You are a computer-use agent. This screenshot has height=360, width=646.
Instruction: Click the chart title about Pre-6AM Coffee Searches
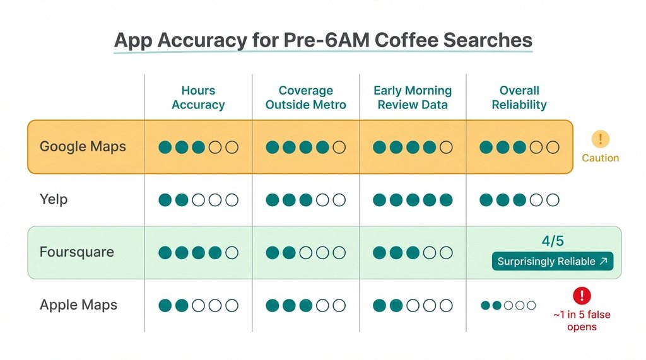click(323, 41)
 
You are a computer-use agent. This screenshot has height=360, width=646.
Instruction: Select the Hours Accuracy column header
click(198, 98)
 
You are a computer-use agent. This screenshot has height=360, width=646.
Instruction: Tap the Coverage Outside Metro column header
click(306, 98)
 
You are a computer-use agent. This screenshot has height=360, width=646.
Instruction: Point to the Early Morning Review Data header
click(413, 98)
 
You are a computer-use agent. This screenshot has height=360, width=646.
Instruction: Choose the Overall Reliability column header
click(519, 98)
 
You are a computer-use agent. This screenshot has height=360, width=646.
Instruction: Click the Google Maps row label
click(83, 147)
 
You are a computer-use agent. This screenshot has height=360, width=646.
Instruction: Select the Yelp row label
click(54, 200)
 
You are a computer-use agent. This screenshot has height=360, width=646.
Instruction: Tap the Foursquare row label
click(76, 252)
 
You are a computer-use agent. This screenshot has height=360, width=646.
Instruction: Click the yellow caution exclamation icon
click(600, 139)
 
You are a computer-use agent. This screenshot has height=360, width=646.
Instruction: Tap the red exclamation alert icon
click(582, 295)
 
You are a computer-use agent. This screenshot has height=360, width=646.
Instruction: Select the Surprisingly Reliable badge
click(553, 261)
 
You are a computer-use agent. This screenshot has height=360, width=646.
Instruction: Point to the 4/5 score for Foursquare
click(553, 241)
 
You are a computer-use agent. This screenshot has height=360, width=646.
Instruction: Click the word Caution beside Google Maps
click(600, 158)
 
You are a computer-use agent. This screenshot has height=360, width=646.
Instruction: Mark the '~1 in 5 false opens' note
click(581, 320)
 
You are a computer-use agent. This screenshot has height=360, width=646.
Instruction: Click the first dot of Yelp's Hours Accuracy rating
click(165, 200)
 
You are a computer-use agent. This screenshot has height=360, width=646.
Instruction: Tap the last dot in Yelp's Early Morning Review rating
click(446, 200)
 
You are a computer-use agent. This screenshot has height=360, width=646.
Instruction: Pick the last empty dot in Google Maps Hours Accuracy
click(232, 148)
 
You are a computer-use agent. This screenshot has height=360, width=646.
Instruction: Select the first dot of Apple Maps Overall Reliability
click(485, 305)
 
